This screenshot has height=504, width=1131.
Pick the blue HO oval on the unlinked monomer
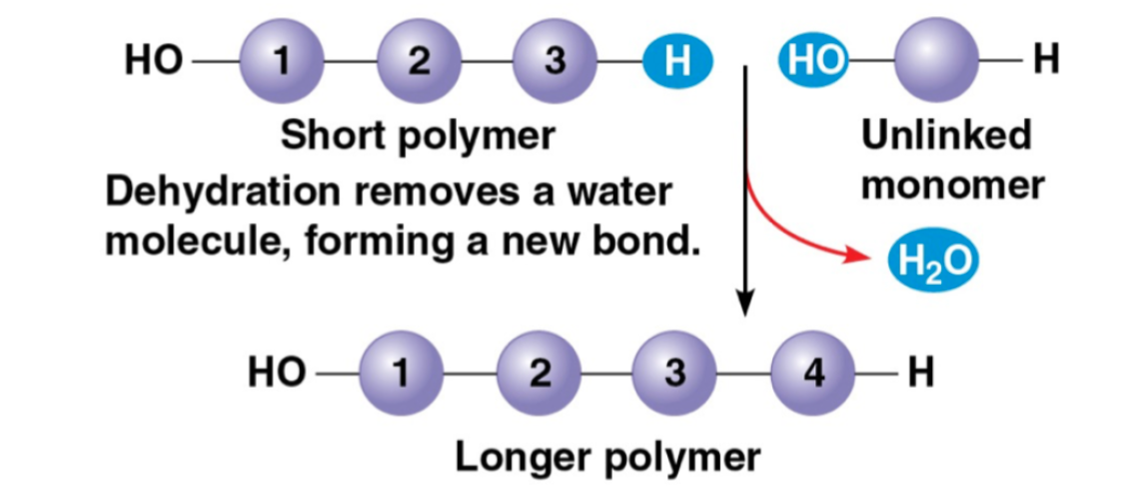pyautogui.click(x=812, y=62)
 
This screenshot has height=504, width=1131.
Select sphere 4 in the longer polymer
pyautogui.click(x=813, y=374)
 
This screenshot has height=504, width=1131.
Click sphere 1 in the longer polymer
pyautogui.click(x=402, y=374)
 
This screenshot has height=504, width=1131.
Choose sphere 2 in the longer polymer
pyautogui.click(x=540, y=374)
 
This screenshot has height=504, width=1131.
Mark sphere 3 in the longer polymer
pyautogui.click(x=676, y=374)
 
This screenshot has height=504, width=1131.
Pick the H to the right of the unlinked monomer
pyautogui.click(x=1046, y=62)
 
